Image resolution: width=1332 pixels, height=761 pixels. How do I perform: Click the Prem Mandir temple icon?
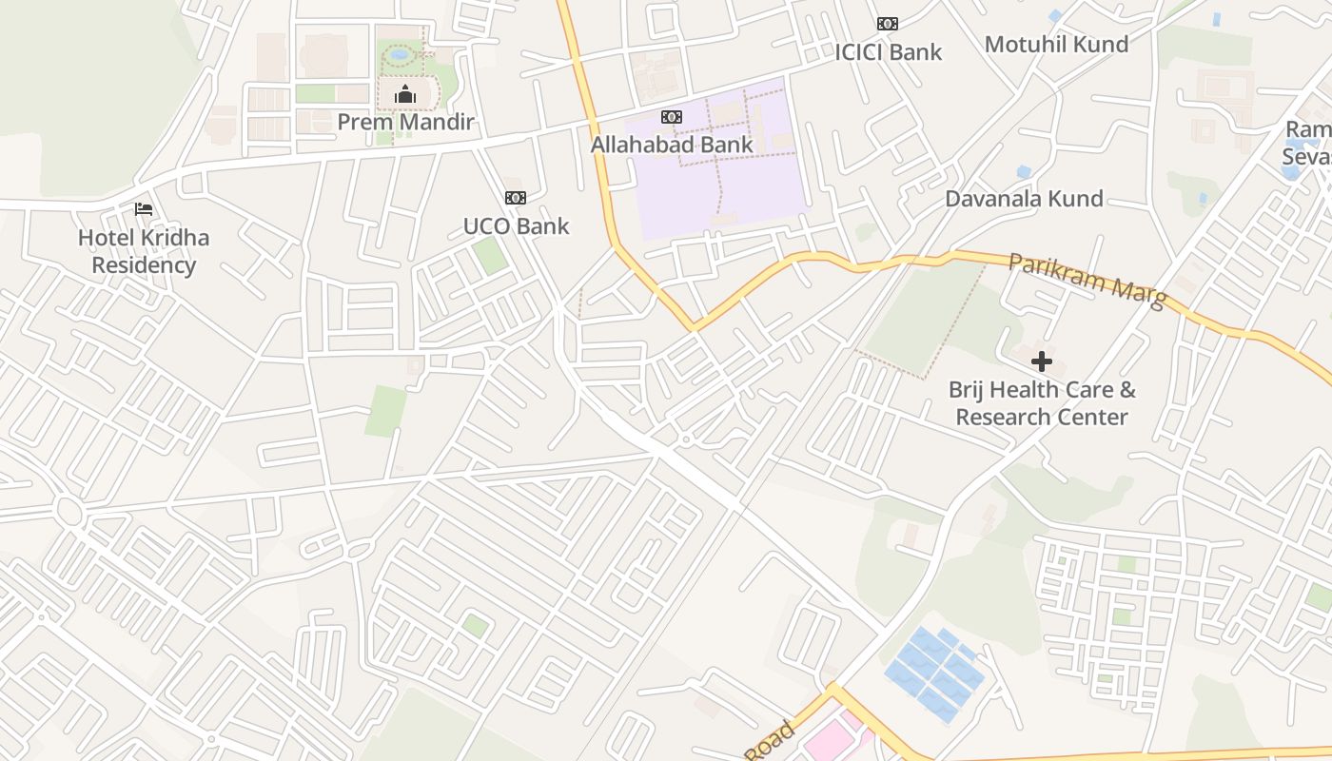click(x=405, y=94)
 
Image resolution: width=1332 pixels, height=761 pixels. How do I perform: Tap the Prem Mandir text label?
click(x=405, y=123)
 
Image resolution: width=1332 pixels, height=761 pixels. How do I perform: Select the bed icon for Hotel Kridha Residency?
click(x=144, y=209)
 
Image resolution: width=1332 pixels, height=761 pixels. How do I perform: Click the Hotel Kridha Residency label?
click(x=144, y=251)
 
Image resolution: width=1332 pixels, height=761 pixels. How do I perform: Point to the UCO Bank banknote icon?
click(x=516, y=198)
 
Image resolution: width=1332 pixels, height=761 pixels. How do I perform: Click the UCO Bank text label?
click(x=516, y=226)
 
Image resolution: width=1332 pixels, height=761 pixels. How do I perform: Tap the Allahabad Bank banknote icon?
click(x=672, y=117)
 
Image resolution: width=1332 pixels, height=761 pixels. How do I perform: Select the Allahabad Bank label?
click(x=672, y=146)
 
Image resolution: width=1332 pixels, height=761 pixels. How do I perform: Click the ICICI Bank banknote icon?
click(x=888, y=24)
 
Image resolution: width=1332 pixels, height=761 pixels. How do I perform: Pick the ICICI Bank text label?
click(x=888, y=52)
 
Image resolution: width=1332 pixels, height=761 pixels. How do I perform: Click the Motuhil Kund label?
click(x=1056, y=45)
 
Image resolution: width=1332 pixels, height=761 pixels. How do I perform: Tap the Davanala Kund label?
click(x=1024, y=199)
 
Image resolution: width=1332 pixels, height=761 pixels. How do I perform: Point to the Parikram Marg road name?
click(x=1087, y=279)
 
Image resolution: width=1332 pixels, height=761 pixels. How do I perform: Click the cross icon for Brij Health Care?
click(x=1042, y=361)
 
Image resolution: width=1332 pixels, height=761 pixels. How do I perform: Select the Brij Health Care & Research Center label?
click(x=1042, y=403)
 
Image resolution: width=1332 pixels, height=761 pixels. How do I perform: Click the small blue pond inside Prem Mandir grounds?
click(x=400, y=55)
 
